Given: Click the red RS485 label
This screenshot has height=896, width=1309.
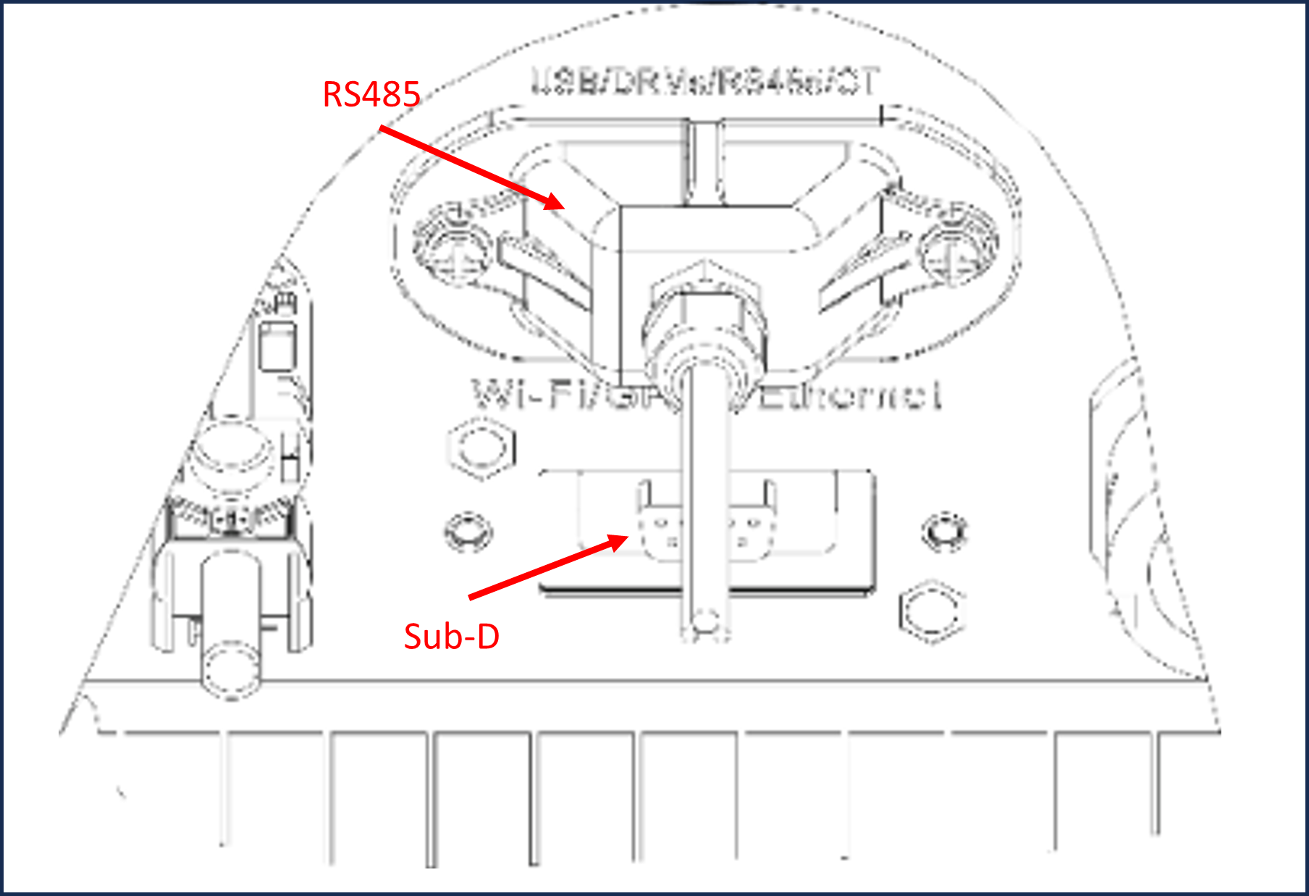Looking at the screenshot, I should click(x=371, y=95).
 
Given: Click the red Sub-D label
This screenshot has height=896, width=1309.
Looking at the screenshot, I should click(x=451, y=637).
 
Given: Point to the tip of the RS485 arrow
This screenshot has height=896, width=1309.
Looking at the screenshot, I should click(x=563, y=208).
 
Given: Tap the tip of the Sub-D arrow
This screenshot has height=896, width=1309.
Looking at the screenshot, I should click(x=627, y=537).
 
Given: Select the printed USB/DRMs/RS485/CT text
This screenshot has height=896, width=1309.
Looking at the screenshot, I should click(x=706, y=82).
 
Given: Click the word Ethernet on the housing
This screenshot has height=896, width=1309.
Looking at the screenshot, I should click(x=851, y=395).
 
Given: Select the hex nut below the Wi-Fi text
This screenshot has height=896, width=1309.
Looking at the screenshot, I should click(x=480, y=447).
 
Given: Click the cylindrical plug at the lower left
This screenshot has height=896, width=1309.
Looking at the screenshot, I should click(x=230, y=652).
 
